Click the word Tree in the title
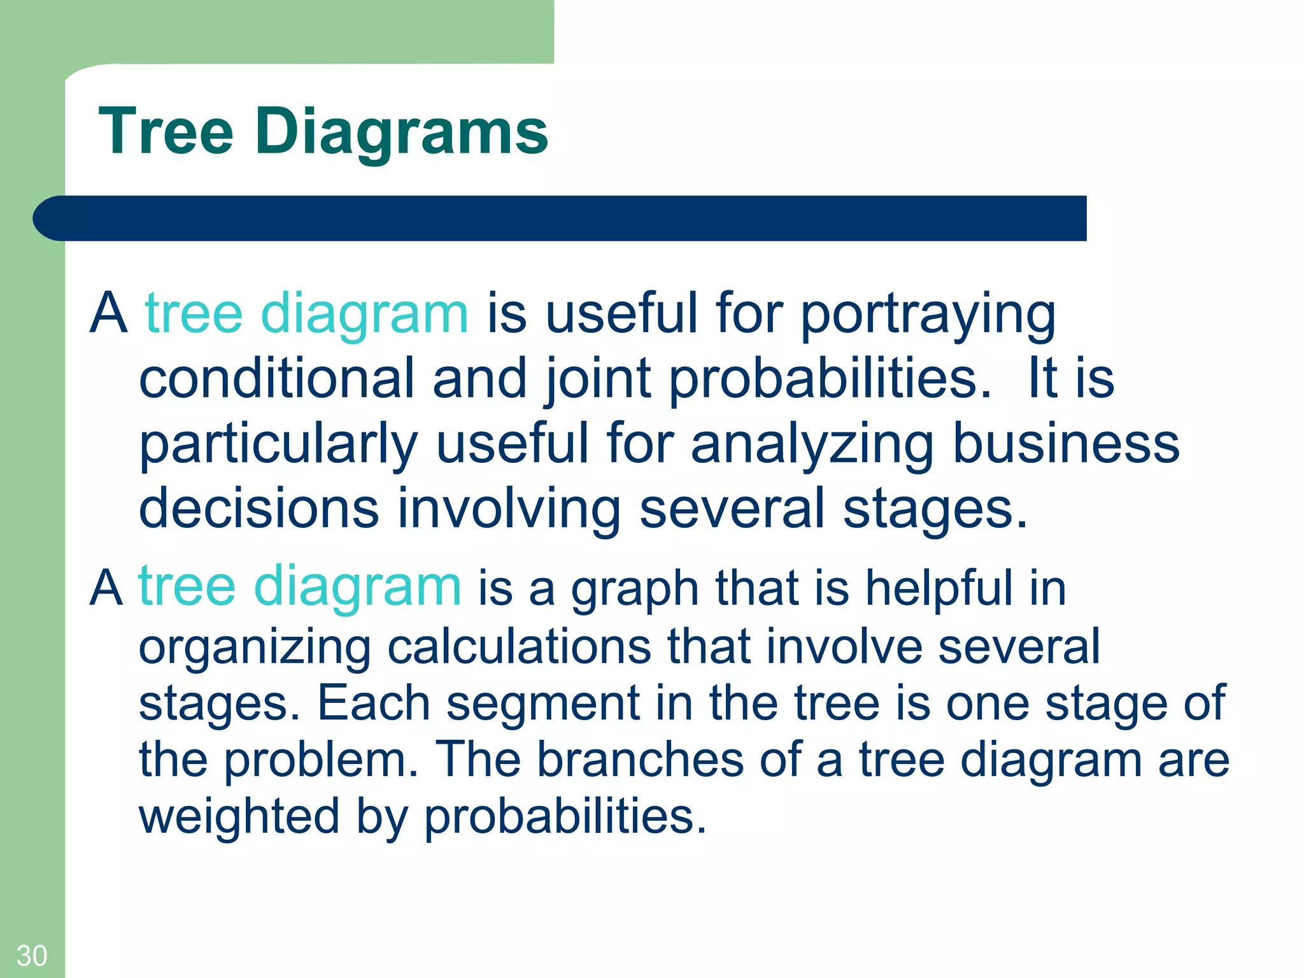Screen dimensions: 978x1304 point(166,132)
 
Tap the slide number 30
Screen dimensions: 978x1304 point(31,956)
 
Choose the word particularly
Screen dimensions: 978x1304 point(278,444)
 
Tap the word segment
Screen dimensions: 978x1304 point(542,704)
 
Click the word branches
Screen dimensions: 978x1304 point(640,759)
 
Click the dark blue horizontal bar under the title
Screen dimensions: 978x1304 point(560,218)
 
